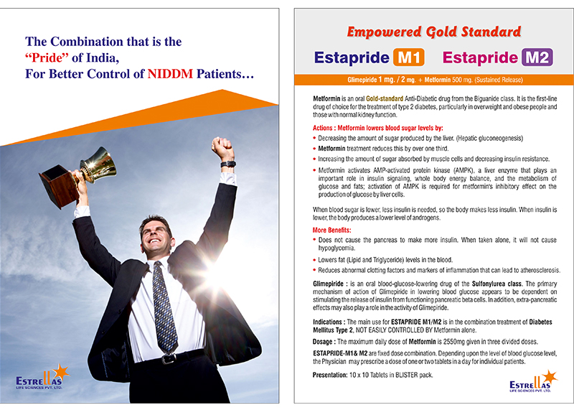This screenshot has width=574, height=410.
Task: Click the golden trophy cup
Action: coord(98,165)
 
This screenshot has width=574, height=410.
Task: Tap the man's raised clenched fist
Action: coord(222,147)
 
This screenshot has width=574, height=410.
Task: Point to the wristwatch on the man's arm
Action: coord(228,164)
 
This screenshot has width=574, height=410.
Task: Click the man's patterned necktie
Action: coord(164,307)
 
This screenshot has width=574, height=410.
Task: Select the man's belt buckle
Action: coord(169,359)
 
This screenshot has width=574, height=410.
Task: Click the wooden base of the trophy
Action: coord(59,186)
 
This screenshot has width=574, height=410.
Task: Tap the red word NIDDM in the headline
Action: coord(170,74)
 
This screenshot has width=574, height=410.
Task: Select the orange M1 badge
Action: coord(409,57)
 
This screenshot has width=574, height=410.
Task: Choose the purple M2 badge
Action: coord(537,57)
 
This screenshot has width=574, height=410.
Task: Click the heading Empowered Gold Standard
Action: coord(434,32)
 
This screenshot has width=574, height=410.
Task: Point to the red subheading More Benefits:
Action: coord(331,230)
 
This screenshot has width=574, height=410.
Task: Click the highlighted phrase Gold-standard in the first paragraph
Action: coord(385,98)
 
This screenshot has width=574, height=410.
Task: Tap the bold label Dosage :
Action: coord(324,342)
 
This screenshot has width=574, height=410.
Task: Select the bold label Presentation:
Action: coord(330,375)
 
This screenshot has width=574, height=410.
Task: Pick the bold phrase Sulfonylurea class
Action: coord(497,284)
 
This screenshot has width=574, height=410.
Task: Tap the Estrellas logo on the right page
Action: coord(533,381)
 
